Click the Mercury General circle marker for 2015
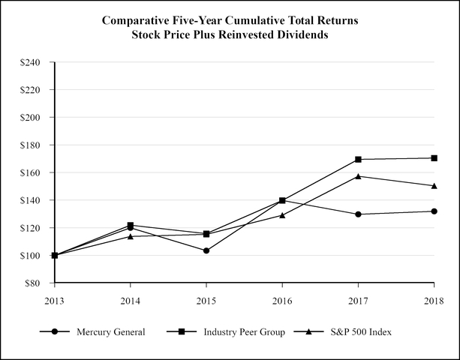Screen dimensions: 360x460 (206, 250)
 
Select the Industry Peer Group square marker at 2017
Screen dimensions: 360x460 (358, 159)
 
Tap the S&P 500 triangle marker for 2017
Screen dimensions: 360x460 (358, 176)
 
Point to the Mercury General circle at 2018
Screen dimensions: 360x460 (434, 211)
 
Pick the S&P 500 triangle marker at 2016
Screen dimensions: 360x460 (282, 215)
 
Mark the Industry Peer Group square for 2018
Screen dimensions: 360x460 (434, 157)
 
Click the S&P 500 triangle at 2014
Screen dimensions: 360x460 (131, 236)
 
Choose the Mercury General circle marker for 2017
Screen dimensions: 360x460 (358, 214)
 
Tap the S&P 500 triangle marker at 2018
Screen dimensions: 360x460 (434, 185)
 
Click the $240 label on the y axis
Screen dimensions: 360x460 (32, 62)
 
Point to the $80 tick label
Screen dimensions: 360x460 (34, 283)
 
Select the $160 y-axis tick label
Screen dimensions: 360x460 (32, 172)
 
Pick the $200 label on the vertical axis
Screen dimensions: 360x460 (32, 118)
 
